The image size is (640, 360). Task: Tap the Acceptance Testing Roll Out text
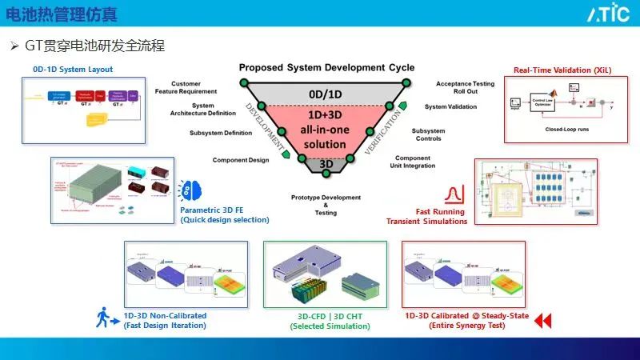pyautogui.click(x=465, y=87)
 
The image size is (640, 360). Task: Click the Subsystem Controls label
pyautogui.click(x=428, y=134)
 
